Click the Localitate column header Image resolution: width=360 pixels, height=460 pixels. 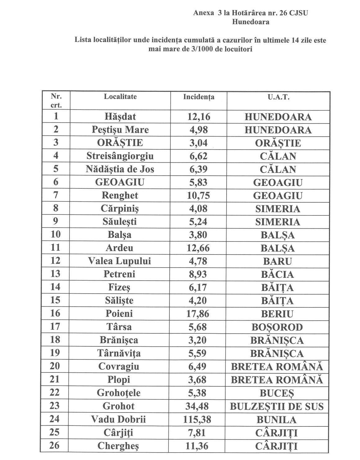(120, 97)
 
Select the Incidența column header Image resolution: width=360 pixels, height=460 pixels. (199, 97)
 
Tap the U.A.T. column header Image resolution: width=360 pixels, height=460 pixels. (278, 97)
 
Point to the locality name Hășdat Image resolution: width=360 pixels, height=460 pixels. (120, 117)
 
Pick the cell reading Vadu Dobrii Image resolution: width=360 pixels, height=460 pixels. (118, 419)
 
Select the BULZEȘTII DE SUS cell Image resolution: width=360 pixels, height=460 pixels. (277, 406)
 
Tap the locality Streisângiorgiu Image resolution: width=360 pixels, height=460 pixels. (120, 156)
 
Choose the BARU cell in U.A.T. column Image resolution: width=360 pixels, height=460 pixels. (278, 261)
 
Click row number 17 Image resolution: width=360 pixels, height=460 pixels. (55, 327)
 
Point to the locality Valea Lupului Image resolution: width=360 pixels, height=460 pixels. (119, 261)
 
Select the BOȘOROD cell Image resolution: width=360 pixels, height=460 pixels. (277, 327)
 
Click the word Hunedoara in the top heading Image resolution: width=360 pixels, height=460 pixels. (250, 22)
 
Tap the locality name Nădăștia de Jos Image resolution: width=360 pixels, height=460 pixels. (120, 169)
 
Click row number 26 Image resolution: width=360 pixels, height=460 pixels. (55, 445)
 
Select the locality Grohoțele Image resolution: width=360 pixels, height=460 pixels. (119, 393)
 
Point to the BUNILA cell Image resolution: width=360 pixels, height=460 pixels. (277, 420)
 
